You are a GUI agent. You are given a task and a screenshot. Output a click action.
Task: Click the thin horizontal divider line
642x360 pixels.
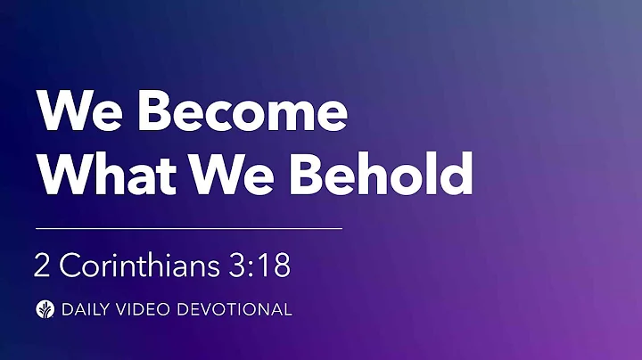[188, 229]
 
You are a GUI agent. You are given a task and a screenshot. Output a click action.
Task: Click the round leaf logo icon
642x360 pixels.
[42, 310]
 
